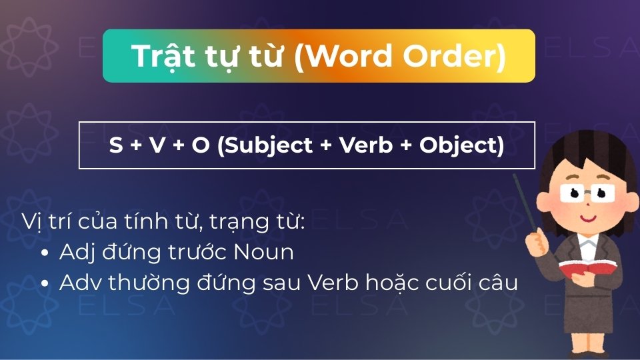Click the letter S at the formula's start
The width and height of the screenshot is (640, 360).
point(116,145)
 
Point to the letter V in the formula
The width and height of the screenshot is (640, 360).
point(157,145)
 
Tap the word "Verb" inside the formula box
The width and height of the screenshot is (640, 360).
point(366,145)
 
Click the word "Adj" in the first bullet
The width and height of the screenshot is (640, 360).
point(74,253)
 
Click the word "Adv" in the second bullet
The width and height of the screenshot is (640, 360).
point(76,283)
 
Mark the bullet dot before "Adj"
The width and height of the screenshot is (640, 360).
point(45,254)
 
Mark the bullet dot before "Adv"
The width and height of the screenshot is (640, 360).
point(45,284)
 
